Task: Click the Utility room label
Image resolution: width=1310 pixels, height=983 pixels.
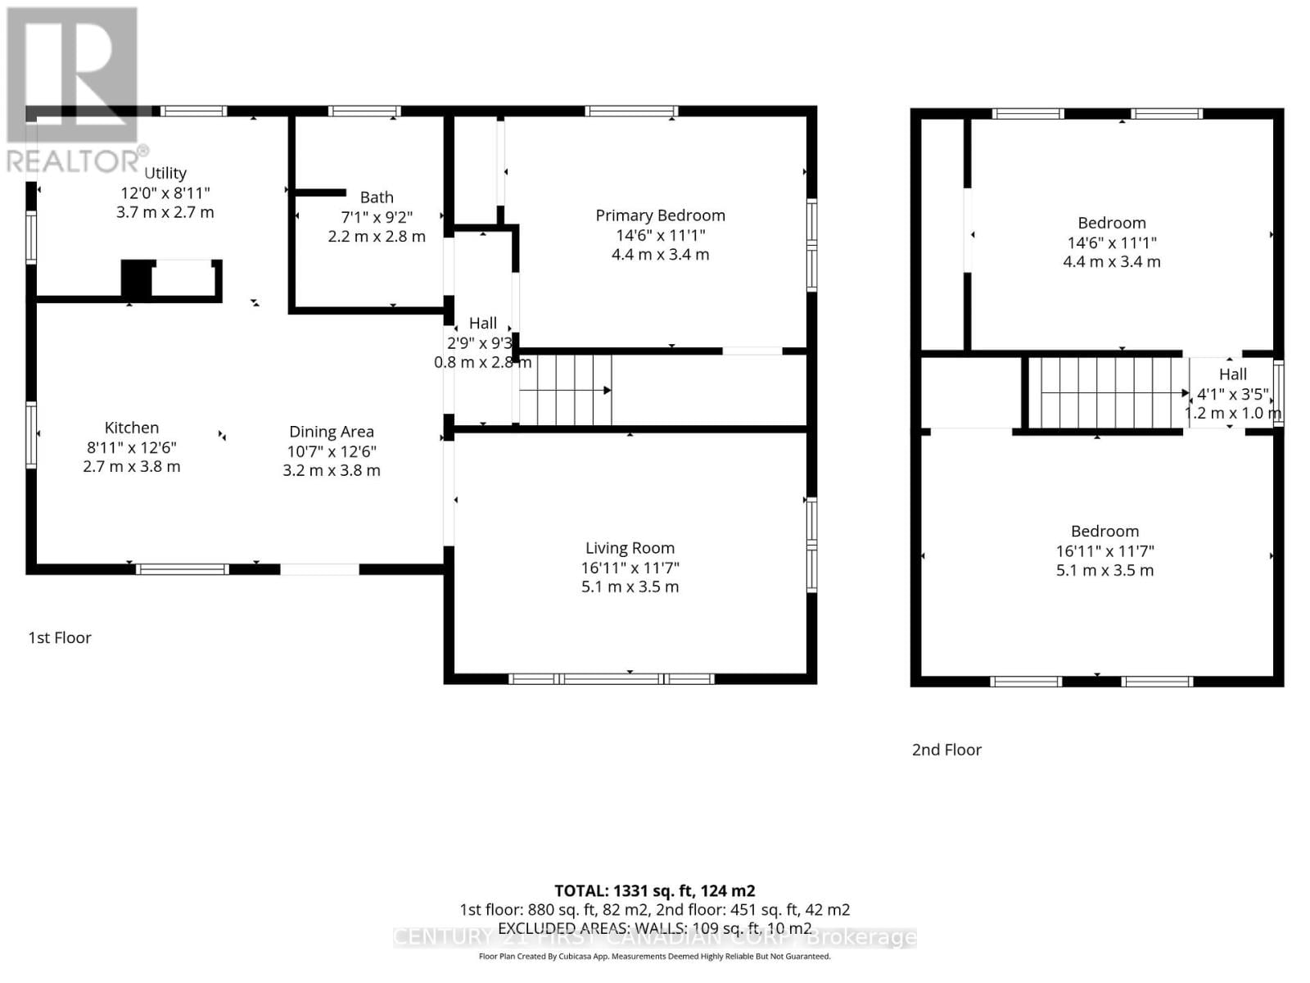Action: [165, 173]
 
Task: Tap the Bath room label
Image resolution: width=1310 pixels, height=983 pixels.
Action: [377, 197]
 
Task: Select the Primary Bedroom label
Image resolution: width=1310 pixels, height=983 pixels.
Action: [660, 215]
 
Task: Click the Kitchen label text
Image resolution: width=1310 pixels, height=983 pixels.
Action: [132, 428]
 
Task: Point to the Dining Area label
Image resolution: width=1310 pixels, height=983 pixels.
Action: [332, 432]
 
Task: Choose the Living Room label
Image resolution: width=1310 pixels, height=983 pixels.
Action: [630, 548]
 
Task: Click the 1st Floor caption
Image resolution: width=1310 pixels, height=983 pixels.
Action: [60, 637]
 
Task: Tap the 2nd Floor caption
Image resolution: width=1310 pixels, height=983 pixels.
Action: [946, 750]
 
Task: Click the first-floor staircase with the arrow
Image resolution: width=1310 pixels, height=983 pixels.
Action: [566, 390]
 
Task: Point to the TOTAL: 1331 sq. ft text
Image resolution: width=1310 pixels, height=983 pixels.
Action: [654, 890]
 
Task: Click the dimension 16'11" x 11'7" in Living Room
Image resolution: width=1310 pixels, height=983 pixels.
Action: [630, 568]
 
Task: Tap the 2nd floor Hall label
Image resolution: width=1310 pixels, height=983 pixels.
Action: [1232, 374]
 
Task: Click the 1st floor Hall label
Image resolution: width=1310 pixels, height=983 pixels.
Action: [483, 324]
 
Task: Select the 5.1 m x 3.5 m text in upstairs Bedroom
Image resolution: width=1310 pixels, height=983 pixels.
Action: [1104, 570]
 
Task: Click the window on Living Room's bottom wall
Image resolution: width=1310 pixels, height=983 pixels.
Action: [611, 678]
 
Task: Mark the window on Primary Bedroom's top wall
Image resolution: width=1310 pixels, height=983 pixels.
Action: [631, 111]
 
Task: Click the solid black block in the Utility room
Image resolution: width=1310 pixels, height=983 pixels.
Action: [137, 279]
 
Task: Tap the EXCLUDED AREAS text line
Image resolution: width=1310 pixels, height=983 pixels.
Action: [654, 928]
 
